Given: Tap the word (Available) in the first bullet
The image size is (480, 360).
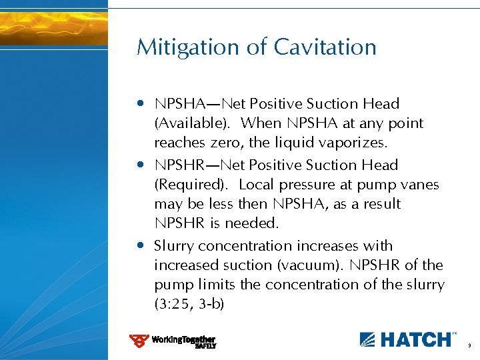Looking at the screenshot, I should [x=194, y=123].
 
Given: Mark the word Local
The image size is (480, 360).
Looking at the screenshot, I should [x=257, y=185].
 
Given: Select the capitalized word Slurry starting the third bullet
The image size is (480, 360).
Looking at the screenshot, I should [x=175, y=246].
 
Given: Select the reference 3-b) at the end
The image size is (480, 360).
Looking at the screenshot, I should [x=213, y=305].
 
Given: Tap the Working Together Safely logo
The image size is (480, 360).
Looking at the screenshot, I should [x=173, y=341].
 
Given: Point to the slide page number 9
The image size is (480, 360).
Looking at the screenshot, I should [x=469, y=346].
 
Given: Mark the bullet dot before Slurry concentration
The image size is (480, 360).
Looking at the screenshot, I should [x=141, y=246].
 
